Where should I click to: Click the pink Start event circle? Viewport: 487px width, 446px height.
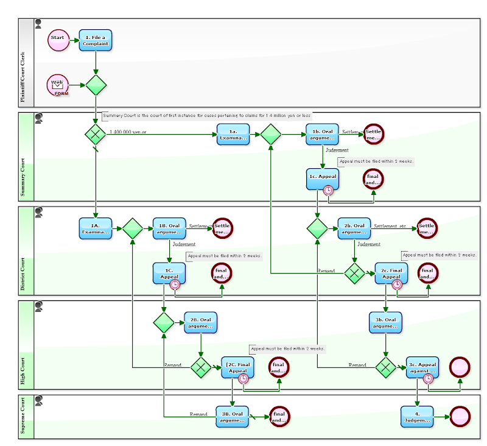pyautogui.click(x=58, y=40)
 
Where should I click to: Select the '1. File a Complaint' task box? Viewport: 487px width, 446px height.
pyautogui.click(x=96, y=40)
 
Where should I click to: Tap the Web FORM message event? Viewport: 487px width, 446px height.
pyautogui.click(x=58, y=85)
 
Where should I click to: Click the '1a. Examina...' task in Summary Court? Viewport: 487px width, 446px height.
pyautogui.click(x=234, y=135)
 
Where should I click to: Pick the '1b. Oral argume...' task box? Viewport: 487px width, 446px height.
pyautogui.click(x=323, y=135)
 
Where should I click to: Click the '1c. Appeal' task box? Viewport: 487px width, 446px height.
pyautogui.click(x=323, y=178)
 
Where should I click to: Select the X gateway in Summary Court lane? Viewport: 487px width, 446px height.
pyautogui.click(x=96, y=134)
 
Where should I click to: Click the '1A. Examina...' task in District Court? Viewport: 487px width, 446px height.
pyautogui.click(x=96, y=228)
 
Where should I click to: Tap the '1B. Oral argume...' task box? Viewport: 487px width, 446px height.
pyautogui.click(x=169, y=228)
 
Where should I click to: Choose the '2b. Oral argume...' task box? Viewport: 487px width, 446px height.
pyautogui.click(x=354, y=228)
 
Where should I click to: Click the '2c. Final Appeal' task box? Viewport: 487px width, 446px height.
pyautogui.click(x=391, y=273)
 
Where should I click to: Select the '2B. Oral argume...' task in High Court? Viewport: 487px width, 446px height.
pyautogui.click(x=201, y=323)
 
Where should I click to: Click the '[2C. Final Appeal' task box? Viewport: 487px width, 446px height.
pyautogui.click(x=237, y=367)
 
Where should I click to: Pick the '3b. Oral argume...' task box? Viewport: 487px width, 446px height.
pyautogui.click(x=385, y=323)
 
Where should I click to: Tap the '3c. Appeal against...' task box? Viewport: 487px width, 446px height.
pyautogui.click(x=422, y=367)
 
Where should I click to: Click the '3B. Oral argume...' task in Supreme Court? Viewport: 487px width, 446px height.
pyautogui.click(x=232, y=417)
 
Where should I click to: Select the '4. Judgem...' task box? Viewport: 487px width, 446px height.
pyautogui.click(x=417, y=417)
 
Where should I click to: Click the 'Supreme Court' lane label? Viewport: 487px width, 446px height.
pyautogui.click(x=24, y=417)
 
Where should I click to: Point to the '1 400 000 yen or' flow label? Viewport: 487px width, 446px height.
pyautogui.click(x=128, y=132)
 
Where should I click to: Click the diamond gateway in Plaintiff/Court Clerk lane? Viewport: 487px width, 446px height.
pyautogui.click(x=96, y=85)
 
